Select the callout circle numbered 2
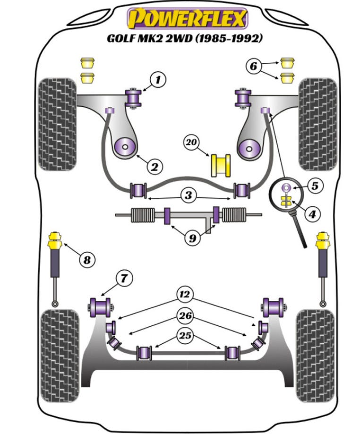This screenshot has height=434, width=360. [x=154, y=166]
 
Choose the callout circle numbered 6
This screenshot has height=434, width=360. [x=253, y=67]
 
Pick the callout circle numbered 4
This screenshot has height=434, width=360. [x=312, y=215]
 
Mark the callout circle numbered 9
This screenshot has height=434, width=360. [x=192, y=238]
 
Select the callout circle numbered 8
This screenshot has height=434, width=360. [x=87, y=259]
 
